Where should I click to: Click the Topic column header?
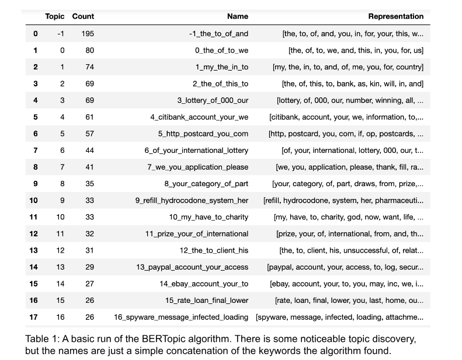click(x=54, y=16)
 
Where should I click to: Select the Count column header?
click(x=83, y=16)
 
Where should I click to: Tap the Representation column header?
click(x=395, y=16)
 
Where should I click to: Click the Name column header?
click(x=237, y=16)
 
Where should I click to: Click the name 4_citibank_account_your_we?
click(x=199, y=117)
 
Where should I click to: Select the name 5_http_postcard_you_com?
click(x=203, y=134)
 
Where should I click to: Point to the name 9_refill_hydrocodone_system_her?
click(x=192, y=201)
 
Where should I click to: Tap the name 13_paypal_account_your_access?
click(x=192, y=267)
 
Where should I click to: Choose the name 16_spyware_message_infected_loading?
click(x=181, y=317)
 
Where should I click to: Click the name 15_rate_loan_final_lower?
click(x=207, y=300)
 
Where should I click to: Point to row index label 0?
click(x=35, y=33)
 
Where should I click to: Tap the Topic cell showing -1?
click(x=60, y=33)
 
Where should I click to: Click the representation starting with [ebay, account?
click(x=346, y=284)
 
